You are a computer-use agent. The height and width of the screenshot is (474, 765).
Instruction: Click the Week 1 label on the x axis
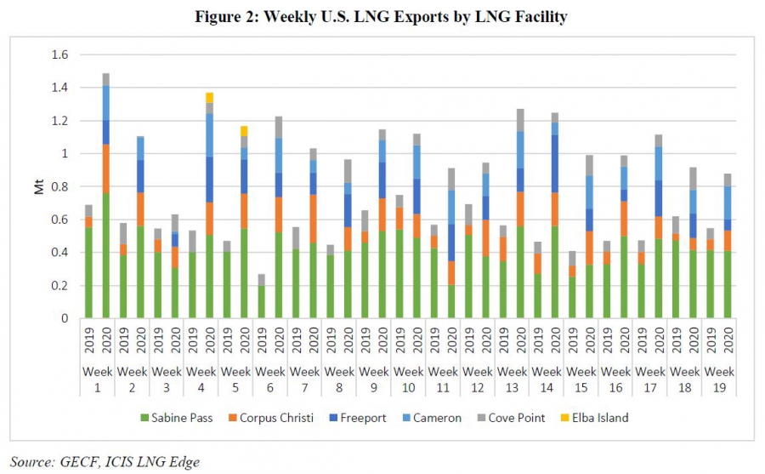click(x=97, y=379)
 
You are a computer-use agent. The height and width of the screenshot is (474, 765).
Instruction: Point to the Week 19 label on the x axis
click(x=719, y=379)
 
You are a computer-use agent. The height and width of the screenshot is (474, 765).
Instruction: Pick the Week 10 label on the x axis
click(x=408, y=379)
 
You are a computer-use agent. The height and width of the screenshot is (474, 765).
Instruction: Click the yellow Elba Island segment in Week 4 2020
click(x=209, y=97)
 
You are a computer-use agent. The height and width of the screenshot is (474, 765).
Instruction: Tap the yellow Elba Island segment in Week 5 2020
click(x=244, y=131)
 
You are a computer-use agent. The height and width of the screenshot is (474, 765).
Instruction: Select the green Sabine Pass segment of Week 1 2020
click(x=105, y=255)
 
